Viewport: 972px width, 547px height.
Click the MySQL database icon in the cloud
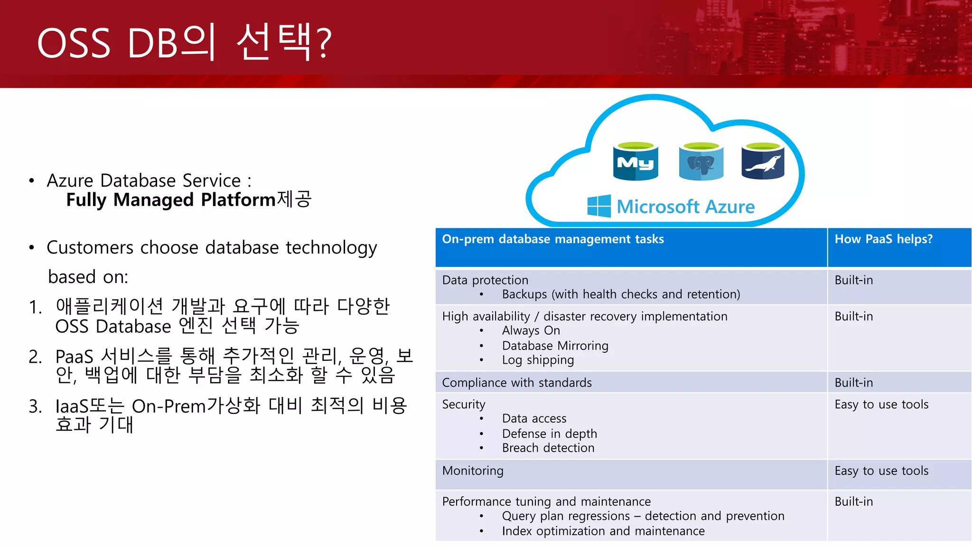636,161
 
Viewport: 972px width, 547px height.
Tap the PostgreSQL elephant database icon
701,161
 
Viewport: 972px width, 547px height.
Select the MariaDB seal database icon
763,161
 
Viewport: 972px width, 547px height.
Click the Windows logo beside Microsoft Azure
599,206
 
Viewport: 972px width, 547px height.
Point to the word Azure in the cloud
730,207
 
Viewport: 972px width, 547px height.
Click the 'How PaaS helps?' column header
883,239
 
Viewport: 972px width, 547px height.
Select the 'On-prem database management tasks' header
553,239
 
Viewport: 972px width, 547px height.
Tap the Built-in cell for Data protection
853,280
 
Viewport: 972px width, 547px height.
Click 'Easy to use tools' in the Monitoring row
881,471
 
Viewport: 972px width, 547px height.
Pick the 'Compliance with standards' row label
517,383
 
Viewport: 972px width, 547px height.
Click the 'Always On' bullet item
531,331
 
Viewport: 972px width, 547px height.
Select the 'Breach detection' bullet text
548,448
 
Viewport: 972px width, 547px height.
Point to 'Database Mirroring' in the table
555,346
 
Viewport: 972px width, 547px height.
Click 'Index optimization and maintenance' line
603,531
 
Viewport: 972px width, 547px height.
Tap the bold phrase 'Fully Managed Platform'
171,200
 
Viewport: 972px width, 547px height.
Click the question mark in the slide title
324,44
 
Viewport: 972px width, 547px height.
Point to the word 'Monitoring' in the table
473,471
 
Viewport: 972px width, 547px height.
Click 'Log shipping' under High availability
538,360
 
